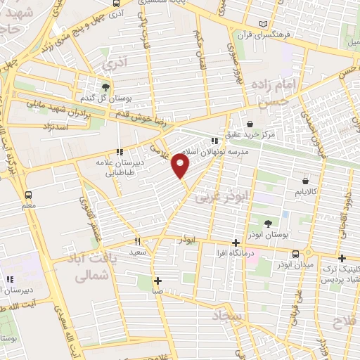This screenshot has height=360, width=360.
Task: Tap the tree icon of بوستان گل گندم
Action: (x=105, y=87)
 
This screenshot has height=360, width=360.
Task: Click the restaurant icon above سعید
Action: (x=138, y=240)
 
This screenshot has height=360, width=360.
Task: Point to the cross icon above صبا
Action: (x=158, y=280)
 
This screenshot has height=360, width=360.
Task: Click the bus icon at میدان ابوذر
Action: (x=295, y=253)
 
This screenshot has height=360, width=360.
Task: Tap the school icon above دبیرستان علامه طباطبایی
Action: (x=120, y=151)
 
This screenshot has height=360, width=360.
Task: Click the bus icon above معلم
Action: (x=29, y=195)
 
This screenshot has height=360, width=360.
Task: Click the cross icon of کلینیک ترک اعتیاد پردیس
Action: (x=342, y=257)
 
